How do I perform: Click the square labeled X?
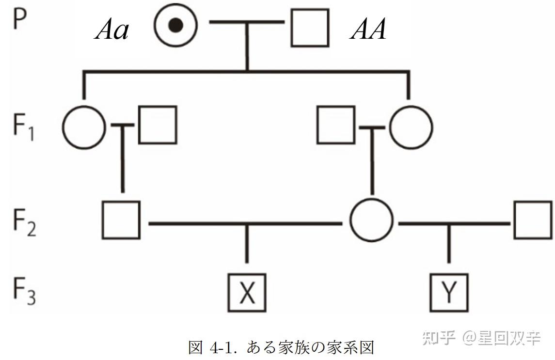tap(247, 293)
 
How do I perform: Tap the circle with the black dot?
tap(176, 26)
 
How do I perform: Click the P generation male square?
tap(310, 28)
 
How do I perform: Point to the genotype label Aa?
tap(112, 31)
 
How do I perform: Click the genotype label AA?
tap(368, 31)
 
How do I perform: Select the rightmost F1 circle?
tap(411, 127)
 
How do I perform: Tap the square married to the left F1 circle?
tap(158, 125)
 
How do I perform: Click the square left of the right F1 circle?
tap(335, 125)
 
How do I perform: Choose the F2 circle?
tap(371, 220)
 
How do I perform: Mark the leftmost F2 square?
tap(121, 219)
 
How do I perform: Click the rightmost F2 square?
tap(533, 220)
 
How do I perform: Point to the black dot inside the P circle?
tap(177, 26)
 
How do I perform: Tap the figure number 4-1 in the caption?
tap(222, 348)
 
